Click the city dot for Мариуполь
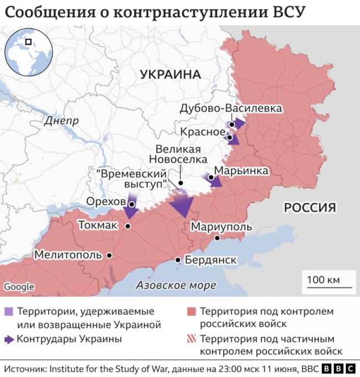pyautogui.click(x=218, y=238)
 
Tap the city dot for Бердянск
pyautogui.click(x=177, y=260)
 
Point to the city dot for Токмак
pyautogui.click(x=128, y=226)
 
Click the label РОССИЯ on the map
pyautogui.click(x=310, y=207)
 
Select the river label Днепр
pyautogui.click(x=61, y=120)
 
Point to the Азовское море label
pyautogui.click(x=176, y=286)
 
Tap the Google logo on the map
pyautogui.click(x=19, y=287)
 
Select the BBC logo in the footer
pyautogui.click(x=337, y=369)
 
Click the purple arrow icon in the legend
pyautogui.click(x=9, y=339)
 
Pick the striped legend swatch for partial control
pyautogui.click(x=191, y=339)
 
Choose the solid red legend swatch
pyautogui.click(x=191, y=311)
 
